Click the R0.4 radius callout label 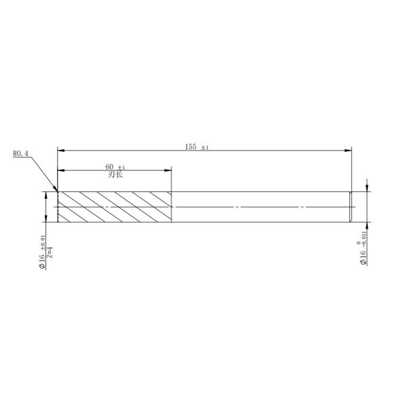tap(20, 153)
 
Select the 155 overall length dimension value tap(191, 147)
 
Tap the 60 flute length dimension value tap(109, 167)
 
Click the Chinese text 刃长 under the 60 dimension tap(115, 174)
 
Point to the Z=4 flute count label tap(50, 252)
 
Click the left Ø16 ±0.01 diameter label tap(42, 252)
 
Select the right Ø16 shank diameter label tap(363, 258)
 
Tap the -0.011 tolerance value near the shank tap(364, 239)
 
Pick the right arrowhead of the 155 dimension tap(348, 151)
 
